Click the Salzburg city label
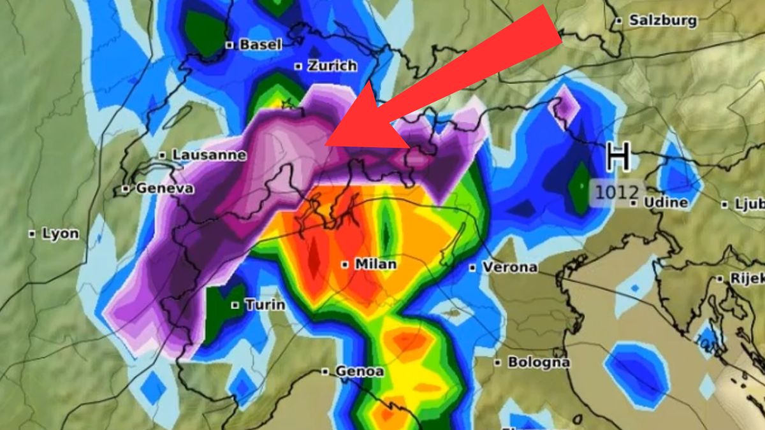pos(663,20)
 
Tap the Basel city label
pos(260,45)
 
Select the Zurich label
pos(331,66)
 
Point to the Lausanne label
pos(209,155)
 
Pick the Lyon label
pos(61,234)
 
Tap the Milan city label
pos(375,264)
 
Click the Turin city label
pos(265,305)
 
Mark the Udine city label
pos(667,203)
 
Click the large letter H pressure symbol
pos(618,157)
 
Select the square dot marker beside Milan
pos(345,264)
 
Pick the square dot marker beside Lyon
pos(32,234)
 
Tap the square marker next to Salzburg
pos(618,21)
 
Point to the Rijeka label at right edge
pos(743,278)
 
